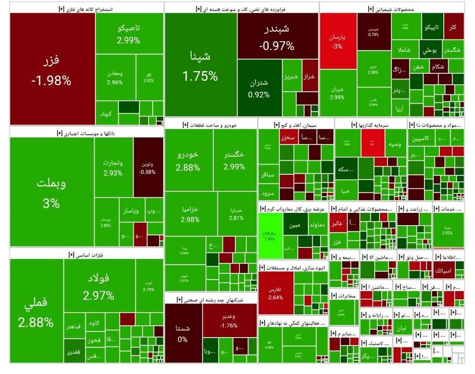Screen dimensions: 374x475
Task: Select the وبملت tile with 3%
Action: tap(52, 192)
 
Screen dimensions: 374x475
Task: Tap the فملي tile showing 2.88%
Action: tap(36, 311)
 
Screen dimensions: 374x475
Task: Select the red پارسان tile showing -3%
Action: tap(337, 41)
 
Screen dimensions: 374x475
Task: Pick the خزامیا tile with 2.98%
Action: tap(191, 213)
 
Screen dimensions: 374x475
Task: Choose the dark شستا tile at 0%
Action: tap(183, 333)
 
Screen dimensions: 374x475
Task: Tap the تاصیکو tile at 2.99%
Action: tap(129, 34)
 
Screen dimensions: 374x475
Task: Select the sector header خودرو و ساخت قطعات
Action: tap(211, 125)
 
